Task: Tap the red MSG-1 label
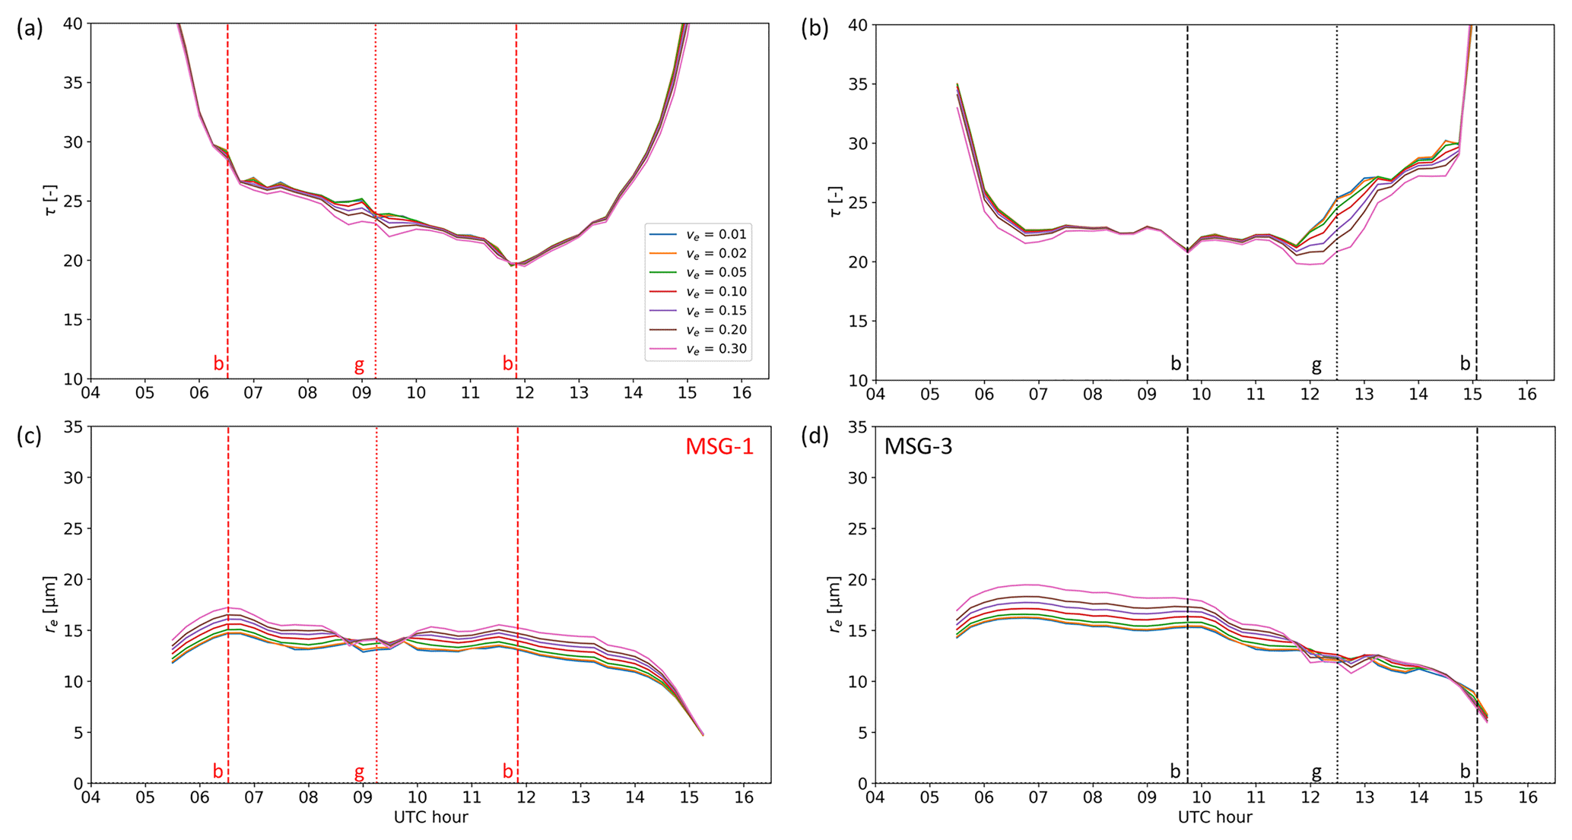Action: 719,446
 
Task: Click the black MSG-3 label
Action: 918,446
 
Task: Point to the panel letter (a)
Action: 30,28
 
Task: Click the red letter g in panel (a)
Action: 359,365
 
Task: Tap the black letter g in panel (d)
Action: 1316,772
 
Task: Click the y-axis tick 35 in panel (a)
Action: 72,83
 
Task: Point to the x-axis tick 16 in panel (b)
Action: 1526,394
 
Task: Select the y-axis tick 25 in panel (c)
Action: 72,528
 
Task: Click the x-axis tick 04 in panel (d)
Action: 875,797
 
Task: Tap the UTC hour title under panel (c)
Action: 430,817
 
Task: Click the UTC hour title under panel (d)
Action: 1215,817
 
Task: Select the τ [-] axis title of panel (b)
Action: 835,201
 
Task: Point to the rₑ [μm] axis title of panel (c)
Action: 51,604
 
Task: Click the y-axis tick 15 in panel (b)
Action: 857,321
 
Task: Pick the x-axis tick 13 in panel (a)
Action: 579,393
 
